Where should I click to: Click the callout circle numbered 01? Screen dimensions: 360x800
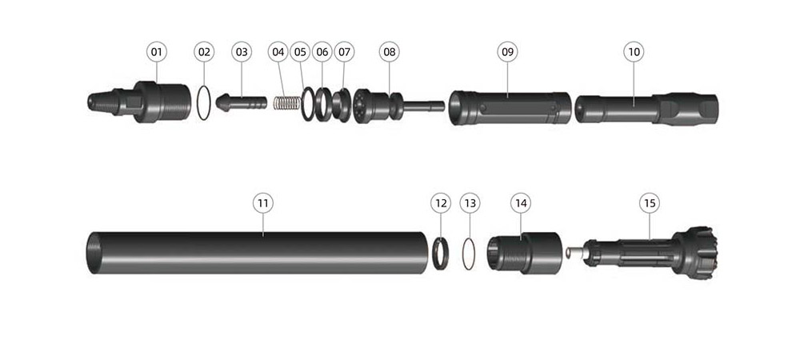pyautogui.click(x=156, y=52)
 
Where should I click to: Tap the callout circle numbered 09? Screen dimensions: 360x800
pyautogui.click(x=507, y=52)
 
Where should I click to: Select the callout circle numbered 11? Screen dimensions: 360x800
pyautogui.click(x=262, y=203)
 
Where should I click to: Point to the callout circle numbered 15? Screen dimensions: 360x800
pyautogui.click(x=650, y=203)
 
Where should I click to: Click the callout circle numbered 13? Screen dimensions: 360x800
pyautogui.click(x=470, y=203)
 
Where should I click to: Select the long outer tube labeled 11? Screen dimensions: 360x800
pyautogui.click(x=264, y=252)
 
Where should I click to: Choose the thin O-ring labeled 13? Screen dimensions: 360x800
pyautogui.click(x=469, y=254)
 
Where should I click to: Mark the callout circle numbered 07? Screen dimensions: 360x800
pyautogui.click(x=344, y=52)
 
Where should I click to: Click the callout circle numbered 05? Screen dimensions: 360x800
pyautogui.click(x=300, y=52)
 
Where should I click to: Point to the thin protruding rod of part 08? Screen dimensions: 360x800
pyautogui.click(x=426, y=105)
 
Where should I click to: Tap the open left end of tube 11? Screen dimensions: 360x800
pyautogui.click(x=93, y=252)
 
